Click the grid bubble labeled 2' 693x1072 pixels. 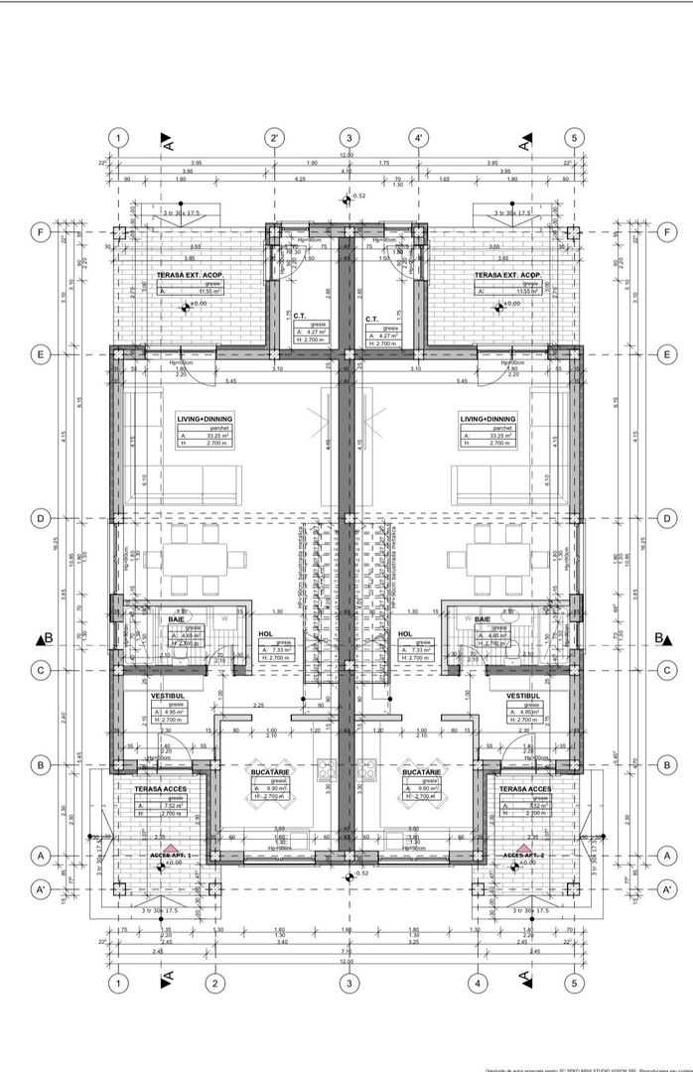pyautogui.click(x=275, y=138)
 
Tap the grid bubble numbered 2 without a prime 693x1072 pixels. pyautogui.click(x=213, y=984)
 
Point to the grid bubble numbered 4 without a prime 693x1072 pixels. pyautogui.click(x=479, y=984)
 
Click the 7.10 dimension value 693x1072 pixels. pyautogui.click(x=347, y=172)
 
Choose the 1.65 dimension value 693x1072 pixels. pyautogui.click(x=446, y=180)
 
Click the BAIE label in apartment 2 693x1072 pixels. pyautogui.click(x=484, y=619)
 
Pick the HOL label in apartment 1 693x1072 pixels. pyautogui.click(x=265, y=632)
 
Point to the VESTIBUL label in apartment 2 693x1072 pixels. pyautogui.click(x=521, y=697)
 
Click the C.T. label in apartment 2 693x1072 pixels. pyautogui.click(x=372, y=320)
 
